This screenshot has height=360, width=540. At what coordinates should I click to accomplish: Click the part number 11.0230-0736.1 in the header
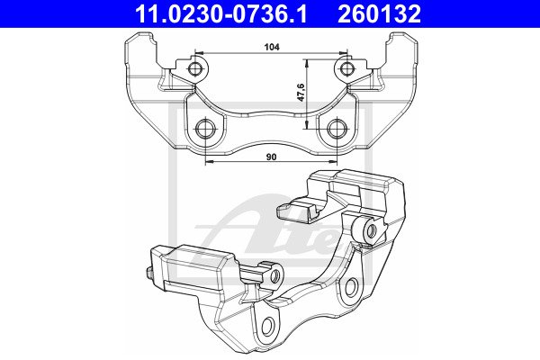pos(220,14)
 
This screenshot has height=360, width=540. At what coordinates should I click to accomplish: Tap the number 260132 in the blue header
pos(379,14)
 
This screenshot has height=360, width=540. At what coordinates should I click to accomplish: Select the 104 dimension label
pos(272,47)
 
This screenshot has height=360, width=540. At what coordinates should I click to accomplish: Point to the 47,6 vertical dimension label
pos(301,92)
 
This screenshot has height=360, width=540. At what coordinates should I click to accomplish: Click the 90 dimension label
pos(272,157)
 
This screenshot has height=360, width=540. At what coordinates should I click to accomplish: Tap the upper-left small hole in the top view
pos(195,69)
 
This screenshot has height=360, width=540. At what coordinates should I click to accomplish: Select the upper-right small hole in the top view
pos(346,69)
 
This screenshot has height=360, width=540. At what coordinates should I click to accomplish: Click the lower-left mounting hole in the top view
pos(205,130)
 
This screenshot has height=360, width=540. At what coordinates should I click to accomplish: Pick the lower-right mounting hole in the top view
pos(337,130)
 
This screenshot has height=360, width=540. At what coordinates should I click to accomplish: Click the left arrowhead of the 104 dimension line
pos(199,53)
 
